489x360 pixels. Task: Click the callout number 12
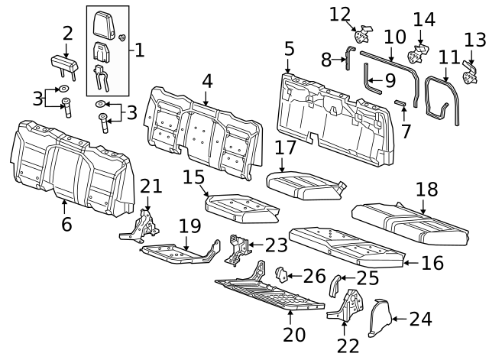pos(340,13)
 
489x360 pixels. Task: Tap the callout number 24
pos(421,319)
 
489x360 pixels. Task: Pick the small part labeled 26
pos(280,274)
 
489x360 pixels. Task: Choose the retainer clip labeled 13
pos(468,73)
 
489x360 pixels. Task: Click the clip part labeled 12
pos(362,34)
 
